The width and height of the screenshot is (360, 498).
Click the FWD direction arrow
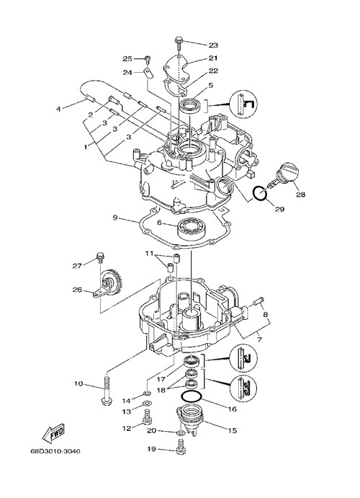pyautogui.click(x=53, y=433)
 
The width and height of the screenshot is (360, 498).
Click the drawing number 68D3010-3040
pyautogui.click(x=55, y=451)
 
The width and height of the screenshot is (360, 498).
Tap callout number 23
pyautogui.click(x=213, y=45)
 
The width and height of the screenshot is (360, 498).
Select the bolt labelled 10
pyautogui.click(x=105, y=390)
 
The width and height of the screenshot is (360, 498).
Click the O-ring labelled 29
pyautogui.click(x=259, y=194)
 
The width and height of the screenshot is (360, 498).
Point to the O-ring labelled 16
pyautogui.click(x=192, y=397)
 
